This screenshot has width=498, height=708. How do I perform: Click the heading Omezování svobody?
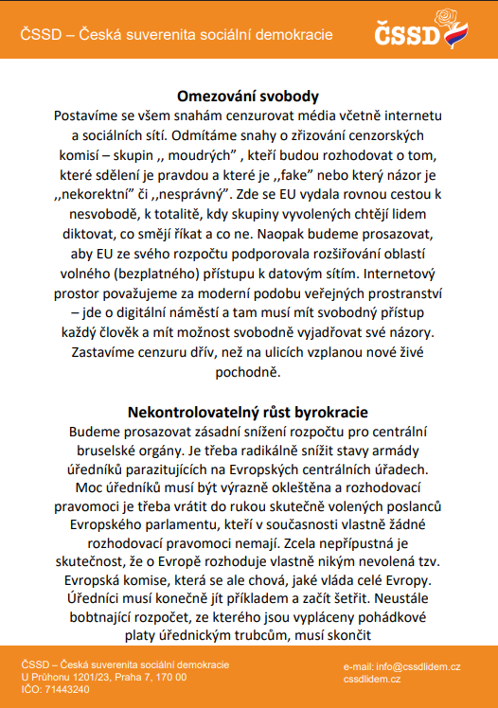coord(248,96)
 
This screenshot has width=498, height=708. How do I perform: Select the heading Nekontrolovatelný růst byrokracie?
coord(248,412)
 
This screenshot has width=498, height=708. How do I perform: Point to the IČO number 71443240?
coord(66,689)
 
